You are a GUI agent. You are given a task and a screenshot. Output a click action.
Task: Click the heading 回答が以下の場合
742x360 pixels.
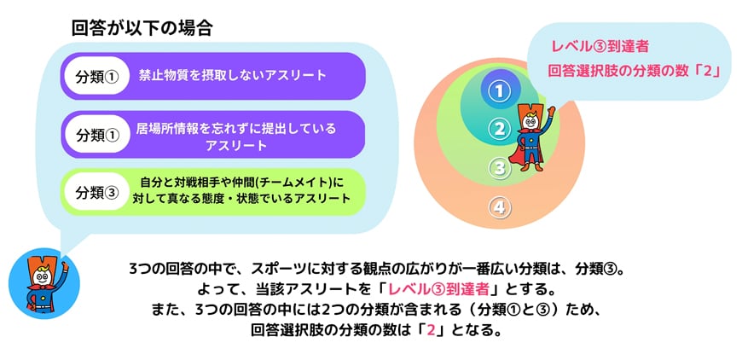coord(142,29)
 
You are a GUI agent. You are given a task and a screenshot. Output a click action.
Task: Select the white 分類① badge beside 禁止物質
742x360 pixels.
coord(96,77)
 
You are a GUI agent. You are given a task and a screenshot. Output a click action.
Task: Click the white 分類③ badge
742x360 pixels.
coord(96,193)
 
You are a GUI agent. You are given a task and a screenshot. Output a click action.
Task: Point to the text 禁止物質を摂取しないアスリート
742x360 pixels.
coord(232,75)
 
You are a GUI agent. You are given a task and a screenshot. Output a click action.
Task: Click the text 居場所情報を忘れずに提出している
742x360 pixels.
coord(235,128)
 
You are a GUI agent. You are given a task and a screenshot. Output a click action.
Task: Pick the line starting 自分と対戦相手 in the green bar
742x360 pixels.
coord(241,182)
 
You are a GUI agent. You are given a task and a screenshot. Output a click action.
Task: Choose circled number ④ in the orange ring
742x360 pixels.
coord(500,208)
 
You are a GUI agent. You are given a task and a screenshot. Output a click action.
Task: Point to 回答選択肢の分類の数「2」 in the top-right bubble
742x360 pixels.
coord(634,72)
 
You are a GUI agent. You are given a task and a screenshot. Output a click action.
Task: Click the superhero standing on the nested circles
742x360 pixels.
coord(530,136)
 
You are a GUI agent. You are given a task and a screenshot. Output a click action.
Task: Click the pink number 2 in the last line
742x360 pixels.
coord(430,330)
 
